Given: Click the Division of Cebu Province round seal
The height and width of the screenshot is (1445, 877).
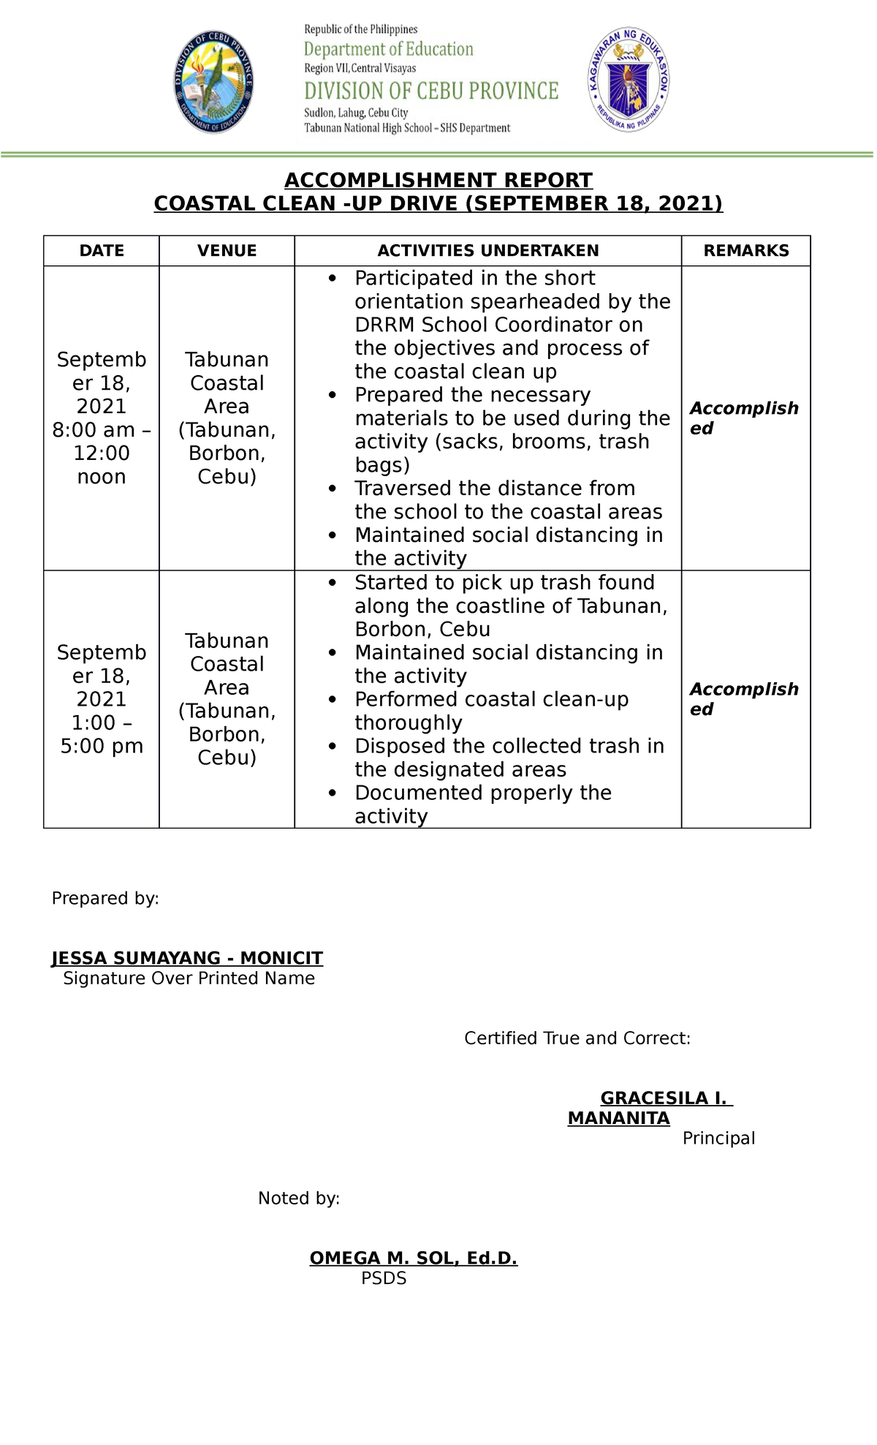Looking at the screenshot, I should click(213, 82).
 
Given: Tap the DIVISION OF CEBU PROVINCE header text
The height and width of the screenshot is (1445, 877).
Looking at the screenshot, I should click(431, 91).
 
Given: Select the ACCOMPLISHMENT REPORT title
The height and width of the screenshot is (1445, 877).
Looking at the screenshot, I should click(438, 180).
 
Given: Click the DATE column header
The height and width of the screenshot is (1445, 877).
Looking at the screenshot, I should click(102, 251).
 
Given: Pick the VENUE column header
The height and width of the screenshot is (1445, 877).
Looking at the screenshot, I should click(227, 251).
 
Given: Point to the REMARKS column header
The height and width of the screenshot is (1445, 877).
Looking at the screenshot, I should click(746, 251).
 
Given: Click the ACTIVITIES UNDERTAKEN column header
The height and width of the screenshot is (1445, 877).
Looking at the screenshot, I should click(488, 251).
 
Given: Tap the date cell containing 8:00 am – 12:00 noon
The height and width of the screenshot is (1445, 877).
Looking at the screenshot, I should click(102, 418).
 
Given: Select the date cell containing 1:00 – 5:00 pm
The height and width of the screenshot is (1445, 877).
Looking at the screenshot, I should click(102, 699).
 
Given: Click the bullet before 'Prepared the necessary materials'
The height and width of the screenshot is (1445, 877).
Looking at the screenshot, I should click(333, 396).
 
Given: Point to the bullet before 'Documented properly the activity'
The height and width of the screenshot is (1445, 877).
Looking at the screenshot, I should click(333, 793).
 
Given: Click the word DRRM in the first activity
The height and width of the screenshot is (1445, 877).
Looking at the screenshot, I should click(385, 325).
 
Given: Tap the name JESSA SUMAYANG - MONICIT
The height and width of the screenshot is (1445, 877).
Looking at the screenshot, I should click(187, 958).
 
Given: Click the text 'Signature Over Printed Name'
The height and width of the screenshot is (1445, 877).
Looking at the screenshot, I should click(189, 978).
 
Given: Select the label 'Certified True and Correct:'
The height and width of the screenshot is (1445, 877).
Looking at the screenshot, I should click(577, 1038).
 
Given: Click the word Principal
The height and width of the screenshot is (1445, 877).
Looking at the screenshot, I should click(718, 1139).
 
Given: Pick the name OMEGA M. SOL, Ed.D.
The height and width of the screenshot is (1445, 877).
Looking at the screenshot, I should click(413, 1258).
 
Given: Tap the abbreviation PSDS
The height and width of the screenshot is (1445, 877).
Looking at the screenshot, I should click(384, 1278).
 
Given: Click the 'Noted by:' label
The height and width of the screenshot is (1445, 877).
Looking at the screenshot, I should click(299, 1198).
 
